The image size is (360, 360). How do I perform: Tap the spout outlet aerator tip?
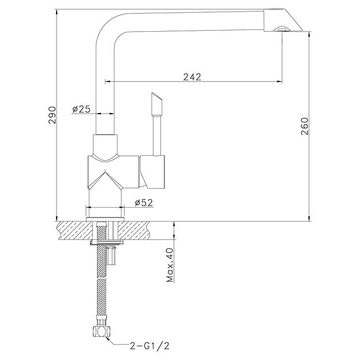coord(280,28)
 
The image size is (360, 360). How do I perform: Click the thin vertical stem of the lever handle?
coord(155,136)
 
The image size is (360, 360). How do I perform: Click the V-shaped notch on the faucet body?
coord(105,179)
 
